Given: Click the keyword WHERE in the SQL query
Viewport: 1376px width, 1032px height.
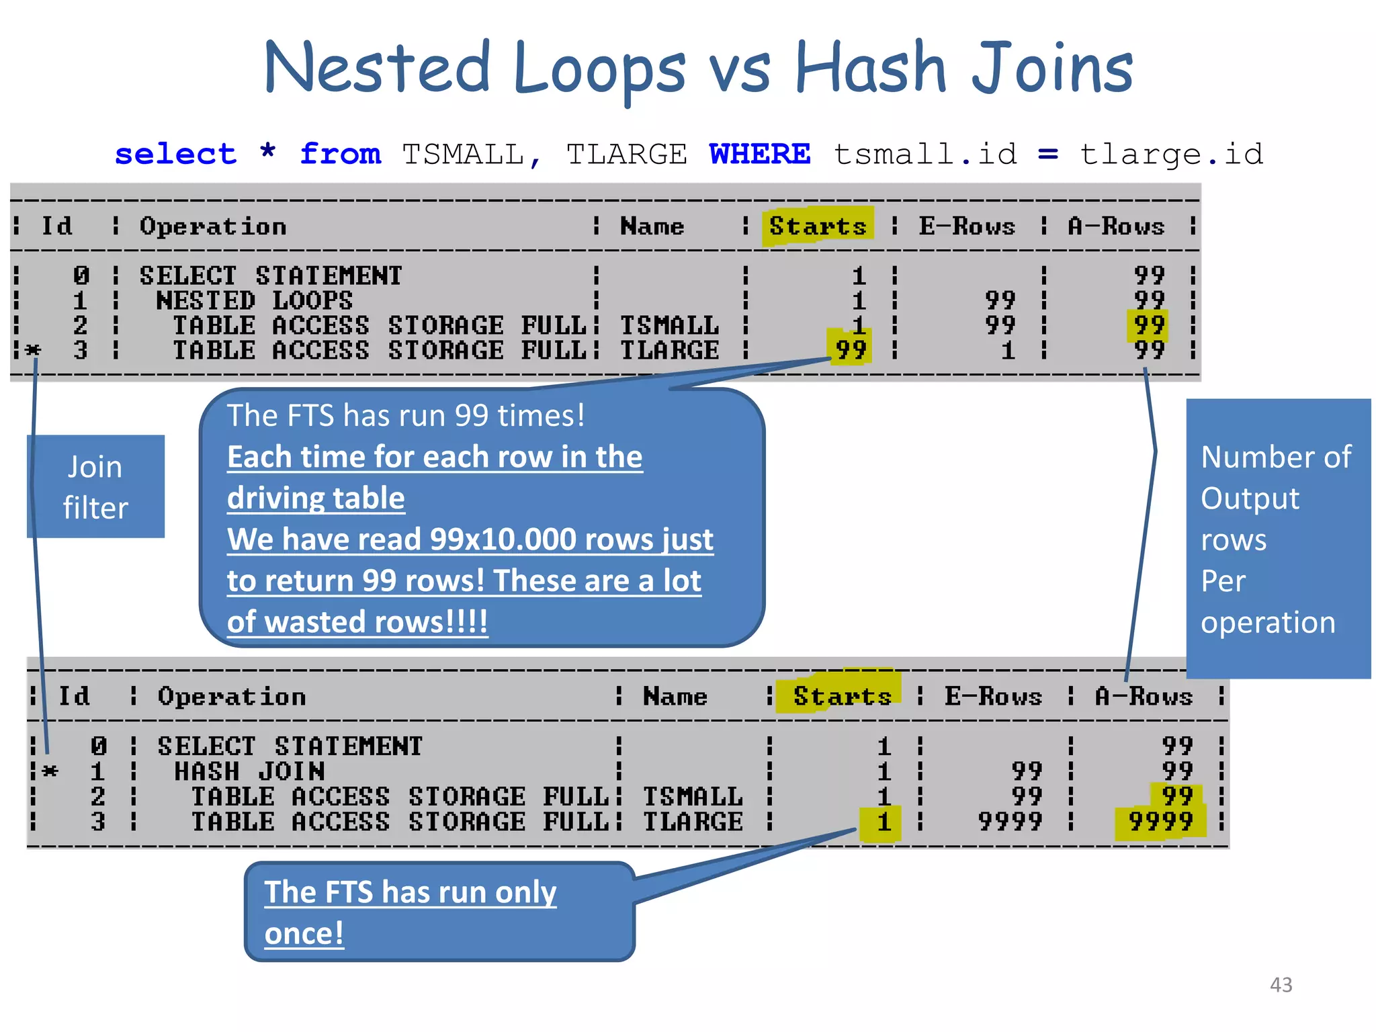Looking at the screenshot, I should point(759,155).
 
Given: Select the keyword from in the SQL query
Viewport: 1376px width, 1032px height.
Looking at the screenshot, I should point(340,155).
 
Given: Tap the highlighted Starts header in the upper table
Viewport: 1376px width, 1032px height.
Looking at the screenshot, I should point(818,226).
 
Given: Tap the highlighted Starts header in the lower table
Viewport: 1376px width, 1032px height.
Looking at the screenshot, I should point(842,696).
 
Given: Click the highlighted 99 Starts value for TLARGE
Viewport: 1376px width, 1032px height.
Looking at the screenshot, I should point(850,350).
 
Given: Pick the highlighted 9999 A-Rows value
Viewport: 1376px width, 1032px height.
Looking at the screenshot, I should point(1160,822).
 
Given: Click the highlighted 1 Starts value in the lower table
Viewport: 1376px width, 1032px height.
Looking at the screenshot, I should point(883,822).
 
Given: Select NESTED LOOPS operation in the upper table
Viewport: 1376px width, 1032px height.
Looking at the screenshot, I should point(254,300).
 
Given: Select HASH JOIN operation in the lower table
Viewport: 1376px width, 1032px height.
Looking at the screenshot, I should point(249,771).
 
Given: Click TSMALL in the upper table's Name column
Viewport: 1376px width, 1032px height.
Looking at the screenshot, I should point(669,326).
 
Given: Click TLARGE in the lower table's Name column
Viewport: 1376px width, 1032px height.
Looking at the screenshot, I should point(693,822).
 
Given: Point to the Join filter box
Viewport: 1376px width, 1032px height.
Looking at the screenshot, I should point(95,486).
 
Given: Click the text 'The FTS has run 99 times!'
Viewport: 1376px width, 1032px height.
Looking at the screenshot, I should point(406,415).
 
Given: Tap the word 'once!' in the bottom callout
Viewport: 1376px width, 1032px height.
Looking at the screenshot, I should point(304,933).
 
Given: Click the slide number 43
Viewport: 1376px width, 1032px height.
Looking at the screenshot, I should point(1281,985).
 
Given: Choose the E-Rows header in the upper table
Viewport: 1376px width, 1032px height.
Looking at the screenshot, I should point(967,226).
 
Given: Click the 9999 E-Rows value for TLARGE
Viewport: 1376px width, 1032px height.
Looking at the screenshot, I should point(1010,822).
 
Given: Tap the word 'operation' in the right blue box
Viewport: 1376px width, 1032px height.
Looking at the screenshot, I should point(1268,622).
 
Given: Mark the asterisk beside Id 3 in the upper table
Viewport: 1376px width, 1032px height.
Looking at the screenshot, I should point(32,350).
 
